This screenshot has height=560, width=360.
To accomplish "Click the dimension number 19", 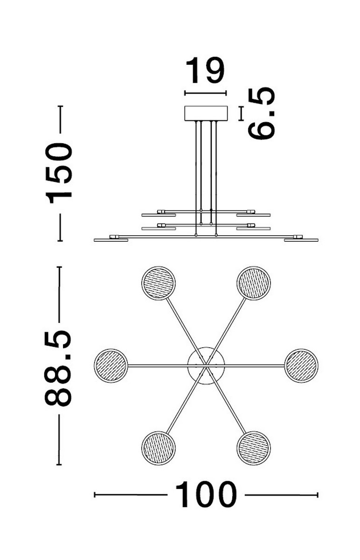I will click(x=205, y=70).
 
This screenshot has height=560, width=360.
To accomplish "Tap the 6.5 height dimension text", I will click(x=261, y=113).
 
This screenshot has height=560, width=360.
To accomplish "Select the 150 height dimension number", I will click(x=59, y=173).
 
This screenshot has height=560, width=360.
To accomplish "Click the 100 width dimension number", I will click(x=206, y=495).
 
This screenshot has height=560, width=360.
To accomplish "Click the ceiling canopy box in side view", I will click(x=206, y=113).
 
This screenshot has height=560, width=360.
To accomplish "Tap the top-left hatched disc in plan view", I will click(x=158, y=283).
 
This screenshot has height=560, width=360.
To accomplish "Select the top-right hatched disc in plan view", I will click(x=254, y=283).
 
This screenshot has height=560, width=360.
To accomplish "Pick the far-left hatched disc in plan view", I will click(x=111, y=365).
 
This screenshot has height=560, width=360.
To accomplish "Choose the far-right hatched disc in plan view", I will click(x=301, y=365).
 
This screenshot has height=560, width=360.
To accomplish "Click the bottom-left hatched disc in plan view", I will click(x=158, y=448).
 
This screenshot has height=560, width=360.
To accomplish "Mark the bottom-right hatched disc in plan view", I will click(x=254, y=448).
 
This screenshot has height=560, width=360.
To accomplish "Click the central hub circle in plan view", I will click(x=206, y=365).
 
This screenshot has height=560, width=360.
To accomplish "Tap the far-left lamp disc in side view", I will click(x=111, y=240).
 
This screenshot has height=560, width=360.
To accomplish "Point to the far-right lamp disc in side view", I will click(x=301, y=240).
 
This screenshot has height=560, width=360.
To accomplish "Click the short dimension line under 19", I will click(x=206, y=93).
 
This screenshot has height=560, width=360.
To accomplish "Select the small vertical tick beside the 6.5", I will click(x=241, y=113).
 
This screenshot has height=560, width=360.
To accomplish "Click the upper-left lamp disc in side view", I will click(x=159, y=215).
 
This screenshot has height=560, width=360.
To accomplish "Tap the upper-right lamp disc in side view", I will click(x=253, y=215).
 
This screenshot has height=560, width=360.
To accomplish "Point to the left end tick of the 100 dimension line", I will click(x=95, y=495).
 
